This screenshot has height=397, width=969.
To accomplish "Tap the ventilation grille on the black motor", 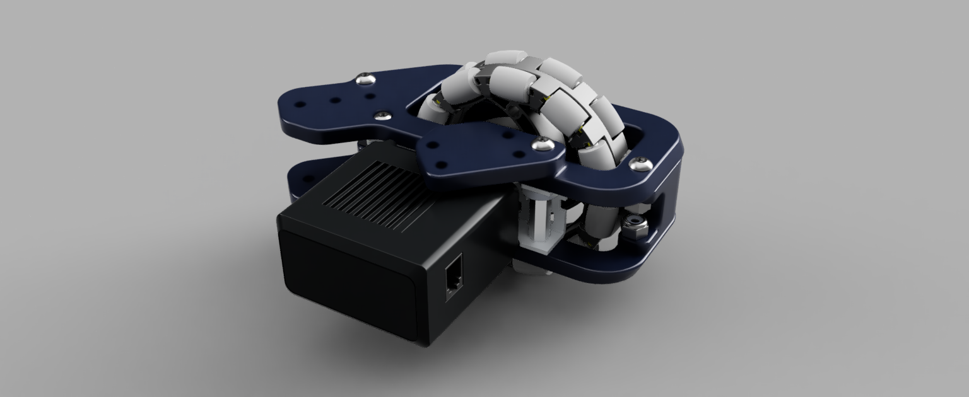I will pyautogui.click(x=372, y=192).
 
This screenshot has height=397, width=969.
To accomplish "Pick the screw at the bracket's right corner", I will pyautogui.click(x=638, y=164).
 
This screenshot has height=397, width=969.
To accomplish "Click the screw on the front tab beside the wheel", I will pyautogui.click(x=541, y=145).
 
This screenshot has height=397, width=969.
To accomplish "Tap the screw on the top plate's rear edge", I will pyautogui.click(x=364, y=79).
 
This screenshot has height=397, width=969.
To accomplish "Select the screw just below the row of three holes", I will pyautogui.click(x=381, y=115).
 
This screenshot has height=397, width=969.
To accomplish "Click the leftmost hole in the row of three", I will pyautogui.click(x=301, y=105).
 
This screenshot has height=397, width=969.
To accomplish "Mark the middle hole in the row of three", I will pyautogui.click(x=335, y=100).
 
